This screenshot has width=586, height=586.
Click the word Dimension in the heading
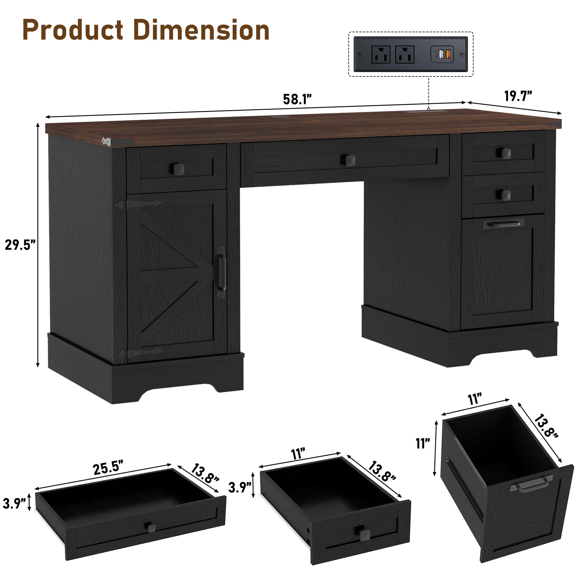coord(201,30)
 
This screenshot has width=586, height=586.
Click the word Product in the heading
coord(73,30)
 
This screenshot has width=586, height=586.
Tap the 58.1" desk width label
coord(297,100)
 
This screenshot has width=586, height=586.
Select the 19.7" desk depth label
coord(518,96)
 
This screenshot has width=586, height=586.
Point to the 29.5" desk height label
coord(20,245)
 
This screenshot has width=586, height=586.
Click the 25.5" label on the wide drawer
coord(108,468)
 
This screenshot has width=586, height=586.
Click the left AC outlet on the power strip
coord(381,54)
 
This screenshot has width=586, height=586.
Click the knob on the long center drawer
coord(349,160)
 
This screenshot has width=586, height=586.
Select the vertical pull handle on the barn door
coord(222,272)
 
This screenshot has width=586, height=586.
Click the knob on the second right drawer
coord(505,195)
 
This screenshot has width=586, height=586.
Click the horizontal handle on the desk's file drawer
coord(503,224)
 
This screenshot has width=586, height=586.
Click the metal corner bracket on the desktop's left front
coord(117,142)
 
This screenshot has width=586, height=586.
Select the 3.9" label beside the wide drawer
coord(14,503)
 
